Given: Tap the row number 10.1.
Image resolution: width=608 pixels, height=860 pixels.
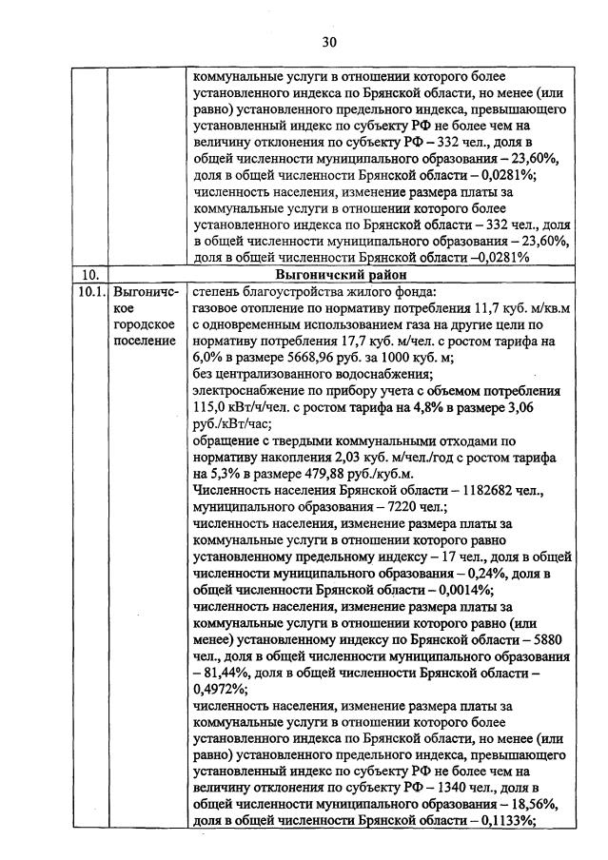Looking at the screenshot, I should click(x=90, y=292).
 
